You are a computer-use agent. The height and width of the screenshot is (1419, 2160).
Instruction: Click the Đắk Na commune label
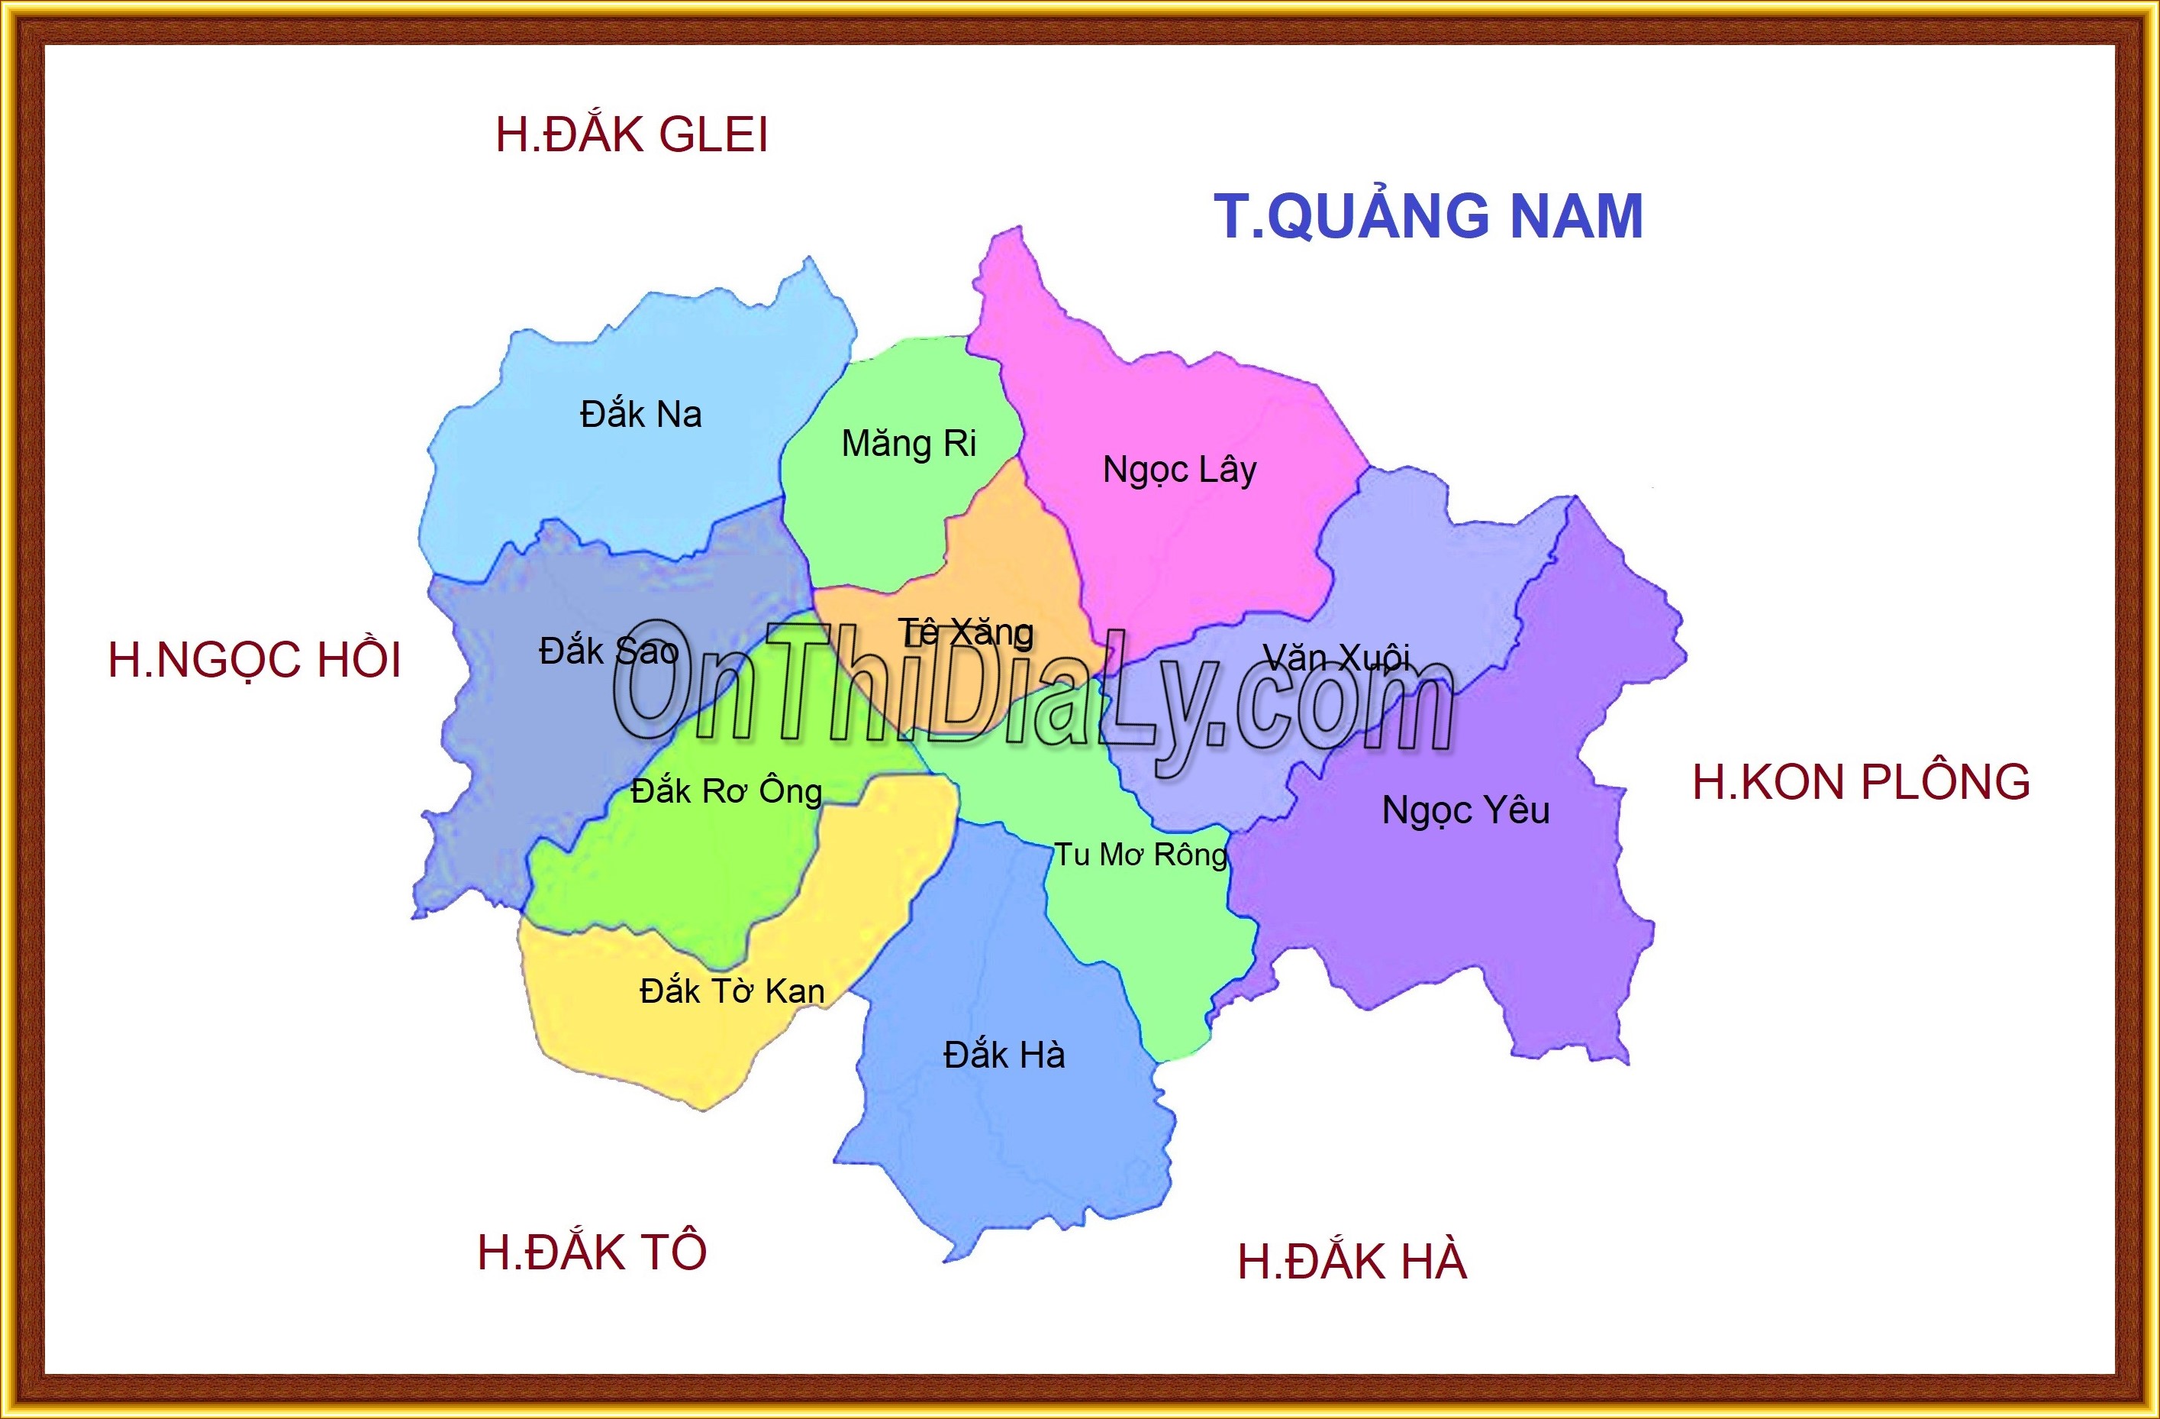click(x=640, y=415)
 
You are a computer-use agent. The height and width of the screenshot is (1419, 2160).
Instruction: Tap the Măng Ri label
click(x=908, y=444)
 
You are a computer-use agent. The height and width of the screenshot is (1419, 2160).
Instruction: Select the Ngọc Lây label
click(x=1179, y=470)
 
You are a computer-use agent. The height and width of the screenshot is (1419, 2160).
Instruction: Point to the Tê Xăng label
click(x=966, y=633)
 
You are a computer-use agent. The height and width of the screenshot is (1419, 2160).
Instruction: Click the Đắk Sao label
click(x=608, y=650)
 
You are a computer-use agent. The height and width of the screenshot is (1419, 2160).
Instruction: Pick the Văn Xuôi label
click(x=1336, y=658)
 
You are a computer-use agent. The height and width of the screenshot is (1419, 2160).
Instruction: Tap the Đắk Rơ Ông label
click(x=726, y=792)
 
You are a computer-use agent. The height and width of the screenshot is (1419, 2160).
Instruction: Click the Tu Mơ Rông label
click(x=1140, y=855)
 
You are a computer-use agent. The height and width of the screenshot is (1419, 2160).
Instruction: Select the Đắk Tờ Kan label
click(x=731, y=991)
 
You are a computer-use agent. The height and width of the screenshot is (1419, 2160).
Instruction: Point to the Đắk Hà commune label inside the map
click(x=1004, y=1055)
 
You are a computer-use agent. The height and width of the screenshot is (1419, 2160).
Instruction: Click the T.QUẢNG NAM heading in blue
click(x=1429, y=216)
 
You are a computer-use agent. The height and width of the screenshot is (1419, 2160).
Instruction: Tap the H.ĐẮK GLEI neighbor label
click(x=632, y=134)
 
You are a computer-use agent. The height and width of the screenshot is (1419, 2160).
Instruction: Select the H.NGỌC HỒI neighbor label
click(x=254, y=660)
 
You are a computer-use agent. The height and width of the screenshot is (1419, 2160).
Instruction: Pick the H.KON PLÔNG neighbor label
click(x=1861, y=783)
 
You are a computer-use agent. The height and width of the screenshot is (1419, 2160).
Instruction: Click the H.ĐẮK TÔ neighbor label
click(x=592, y=1252)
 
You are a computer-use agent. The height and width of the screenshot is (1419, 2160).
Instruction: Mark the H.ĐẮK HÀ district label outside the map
click(x=1352, y=1262)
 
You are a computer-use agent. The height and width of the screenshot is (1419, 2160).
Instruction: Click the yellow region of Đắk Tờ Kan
click(x=635, y=1044)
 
